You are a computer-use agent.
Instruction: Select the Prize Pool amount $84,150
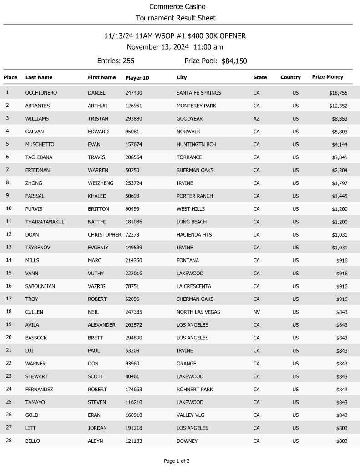234,61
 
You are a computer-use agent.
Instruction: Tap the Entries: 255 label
116,61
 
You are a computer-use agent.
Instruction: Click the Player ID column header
137,78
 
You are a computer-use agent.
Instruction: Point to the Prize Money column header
327,77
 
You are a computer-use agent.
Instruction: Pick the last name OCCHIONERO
41,93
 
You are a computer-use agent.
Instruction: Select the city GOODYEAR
189,119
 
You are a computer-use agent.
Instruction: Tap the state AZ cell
256,119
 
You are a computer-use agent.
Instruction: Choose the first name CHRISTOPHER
104,235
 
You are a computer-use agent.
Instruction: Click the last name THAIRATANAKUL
45,222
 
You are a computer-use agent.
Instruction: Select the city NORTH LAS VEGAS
198,312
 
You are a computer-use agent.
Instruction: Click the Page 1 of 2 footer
177,461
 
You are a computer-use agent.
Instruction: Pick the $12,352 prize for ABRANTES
338,106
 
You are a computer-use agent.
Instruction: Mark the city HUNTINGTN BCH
196,145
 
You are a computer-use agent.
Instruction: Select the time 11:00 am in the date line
208,47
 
